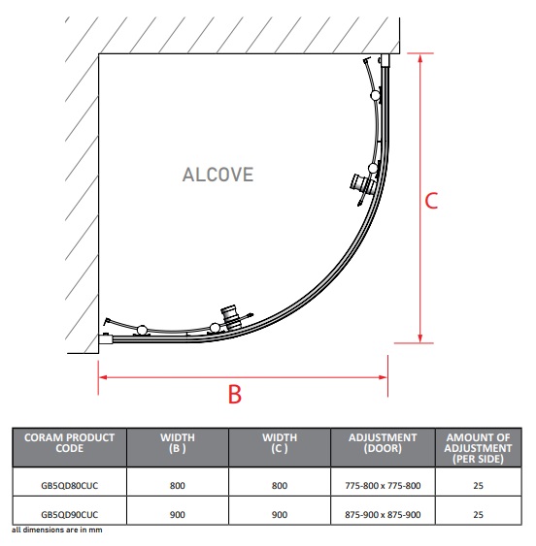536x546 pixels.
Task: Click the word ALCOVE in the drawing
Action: [x=218, y=175]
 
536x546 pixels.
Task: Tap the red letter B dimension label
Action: [x=235, y=394]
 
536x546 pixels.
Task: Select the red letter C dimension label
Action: [x=431, y=201]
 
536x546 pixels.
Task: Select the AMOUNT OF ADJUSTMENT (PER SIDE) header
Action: [x=478, y=448]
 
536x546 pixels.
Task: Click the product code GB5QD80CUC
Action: [x=69, y=486]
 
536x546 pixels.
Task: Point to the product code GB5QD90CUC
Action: [x=69, y=514]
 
